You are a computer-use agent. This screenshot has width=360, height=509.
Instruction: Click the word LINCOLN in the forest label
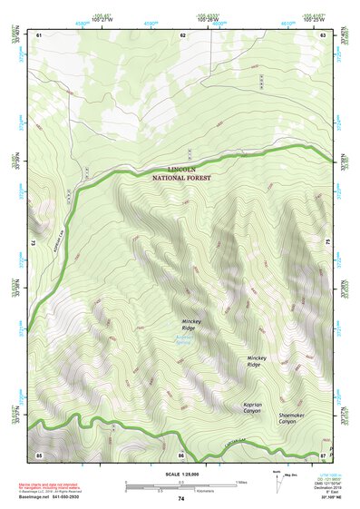click(189, 169)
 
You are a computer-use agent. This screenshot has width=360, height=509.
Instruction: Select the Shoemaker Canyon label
click(287, 418)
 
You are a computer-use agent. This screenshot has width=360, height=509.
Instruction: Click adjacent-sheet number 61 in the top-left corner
click(39, 34)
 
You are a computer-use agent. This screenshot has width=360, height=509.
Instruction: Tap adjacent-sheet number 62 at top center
click(182, 34)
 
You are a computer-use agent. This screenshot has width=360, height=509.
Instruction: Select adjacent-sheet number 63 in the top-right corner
click(323, 34)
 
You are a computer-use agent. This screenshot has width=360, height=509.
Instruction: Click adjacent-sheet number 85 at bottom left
click(39, 454)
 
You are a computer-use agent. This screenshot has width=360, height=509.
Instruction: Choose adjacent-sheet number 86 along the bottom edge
click(181, 454)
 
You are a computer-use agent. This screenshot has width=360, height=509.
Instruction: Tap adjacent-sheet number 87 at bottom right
click(323, 454)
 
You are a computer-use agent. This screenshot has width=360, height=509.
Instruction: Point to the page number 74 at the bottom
click(181, 499)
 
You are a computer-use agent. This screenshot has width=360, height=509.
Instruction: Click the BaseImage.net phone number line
click(55, 498)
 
